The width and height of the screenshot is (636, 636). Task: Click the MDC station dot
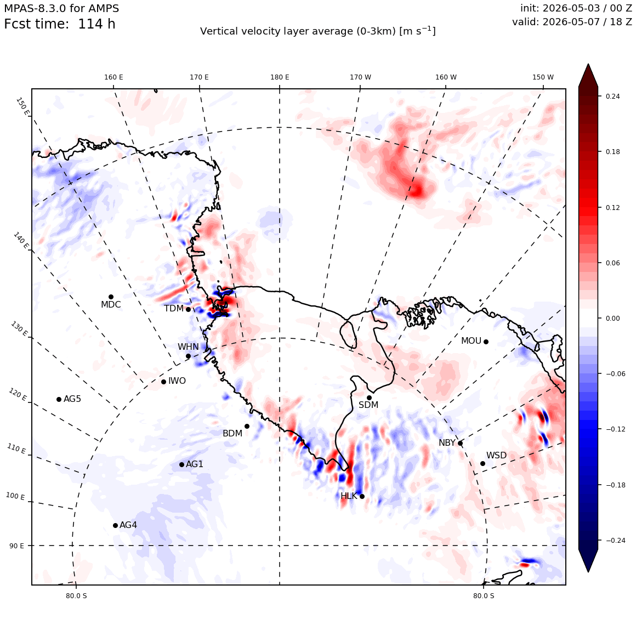click(x=111, y=297)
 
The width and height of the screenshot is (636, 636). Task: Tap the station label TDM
click(x=174, y=309)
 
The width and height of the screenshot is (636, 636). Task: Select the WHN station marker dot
click(x=188, y=356)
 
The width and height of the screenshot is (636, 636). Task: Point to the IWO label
click(x=177, y=381)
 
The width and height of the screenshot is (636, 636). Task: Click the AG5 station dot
click(x=59, y=400)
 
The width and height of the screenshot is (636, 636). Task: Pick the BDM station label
click(x=232, y=434)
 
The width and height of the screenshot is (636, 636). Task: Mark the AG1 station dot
click(x=181, y=464)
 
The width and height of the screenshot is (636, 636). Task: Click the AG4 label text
click(x=128, y=525)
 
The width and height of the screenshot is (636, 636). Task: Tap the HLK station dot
click(x=362, y=497)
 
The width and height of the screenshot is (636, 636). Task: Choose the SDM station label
click(x=368, y=405)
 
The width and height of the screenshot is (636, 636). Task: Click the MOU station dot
click(x=486, y=342)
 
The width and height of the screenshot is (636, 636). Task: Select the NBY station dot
click(x=461, y=444)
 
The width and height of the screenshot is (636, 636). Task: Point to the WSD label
click(x=497, y=456)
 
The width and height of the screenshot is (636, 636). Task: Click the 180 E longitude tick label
click(x=280, y=77)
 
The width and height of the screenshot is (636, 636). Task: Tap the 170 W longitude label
click(x=361, y=77)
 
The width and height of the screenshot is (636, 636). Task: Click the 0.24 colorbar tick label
click(x=612, y=96)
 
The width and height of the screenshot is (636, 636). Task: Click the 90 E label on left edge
click(x=16, y=546)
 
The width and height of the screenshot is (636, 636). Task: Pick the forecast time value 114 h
click(x=96, y=24)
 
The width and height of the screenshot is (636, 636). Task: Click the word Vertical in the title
click(x=216, y=32)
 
